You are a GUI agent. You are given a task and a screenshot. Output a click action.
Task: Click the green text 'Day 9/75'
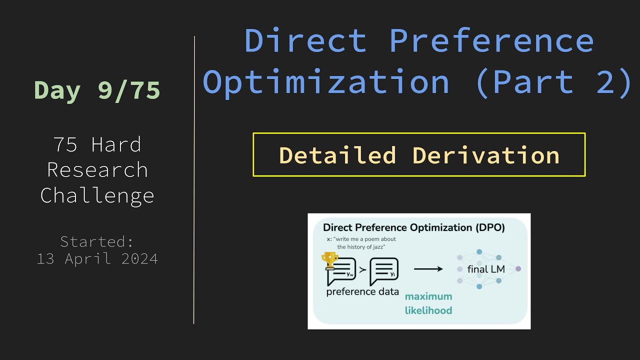click(x=97, y=90)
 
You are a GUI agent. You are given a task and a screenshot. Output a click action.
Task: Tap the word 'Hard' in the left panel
click(x=116, y=145)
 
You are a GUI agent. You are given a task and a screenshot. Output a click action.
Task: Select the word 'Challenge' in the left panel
click(x=97, y=195)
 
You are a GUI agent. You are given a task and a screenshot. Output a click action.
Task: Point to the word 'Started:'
click(x=97, y=241)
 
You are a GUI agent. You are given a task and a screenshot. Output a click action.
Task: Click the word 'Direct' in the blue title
click(x=305, y=40)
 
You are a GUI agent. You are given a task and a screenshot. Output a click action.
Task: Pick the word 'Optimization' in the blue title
click(x=326, y=81)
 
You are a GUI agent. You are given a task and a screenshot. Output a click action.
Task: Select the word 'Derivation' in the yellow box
click(x=485, y=155)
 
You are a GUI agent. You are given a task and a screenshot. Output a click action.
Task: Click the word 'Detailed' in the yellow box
click(x=337, y=155)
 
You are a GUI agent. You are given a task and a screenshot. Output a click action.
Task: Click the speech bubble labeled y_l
click(x=384, y=271)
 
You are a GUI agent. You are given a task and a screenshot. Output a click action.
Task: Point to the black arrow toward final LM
click(x=428, y=269)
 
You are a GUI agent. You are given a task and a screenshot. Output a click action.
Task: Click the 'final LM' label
click(x=486, y=269)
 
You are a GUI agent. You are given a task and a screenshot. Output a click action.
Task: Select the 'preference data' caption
click(x=362, y=291)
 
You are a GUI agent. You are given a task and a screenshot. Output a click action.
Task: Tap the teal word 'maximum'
click(x=428, y=296)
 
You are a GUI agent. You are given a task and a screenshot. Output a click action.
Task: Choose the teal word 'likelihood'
click(x=428, y=310)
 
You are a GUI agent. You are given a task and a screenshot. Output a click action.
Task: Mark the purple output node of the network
click(x=518, y=269)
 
